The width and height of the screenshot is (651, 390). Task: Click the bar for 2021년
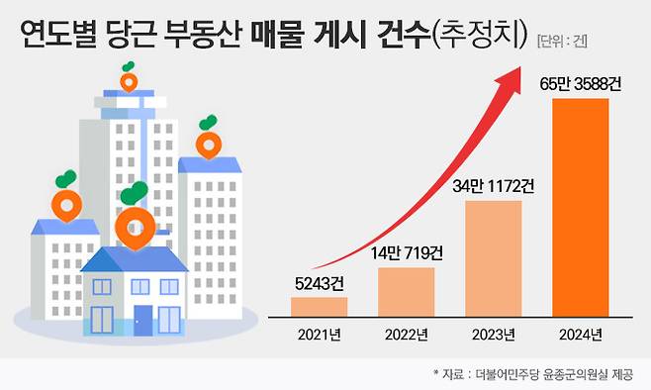tap(319, 306)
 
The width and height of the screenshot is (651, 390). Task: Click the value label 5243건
tap(319, 283)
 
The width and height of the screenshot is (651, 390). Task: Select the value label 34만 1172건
tap(494, 186)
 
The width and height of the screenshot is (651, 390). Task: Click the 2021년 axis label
tap(319, 337)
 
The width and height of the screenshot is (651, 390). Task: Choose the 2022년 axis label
tap(406, 337)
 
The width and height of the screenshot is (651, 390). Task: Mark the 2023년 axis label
tap(493, 337)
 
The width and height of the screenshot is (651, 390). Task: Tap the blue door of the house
tap(144, 320)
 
